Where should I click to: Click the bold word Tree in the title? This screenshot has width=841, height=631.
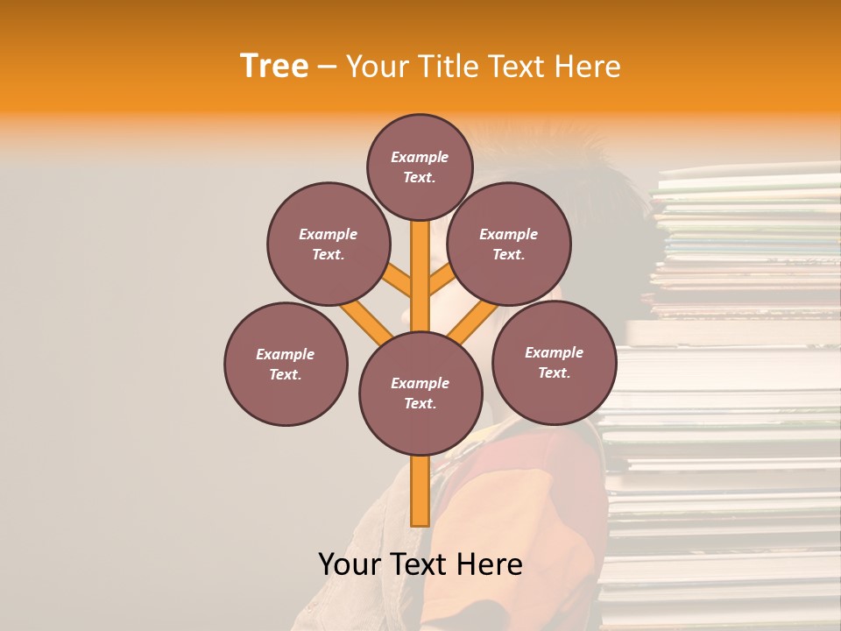tap(274, 67)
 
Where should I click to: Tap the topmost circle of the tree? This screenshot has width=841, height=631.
tap(420, 167)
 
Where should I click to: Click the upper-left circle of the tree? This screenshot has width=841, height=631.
tap(329, 244)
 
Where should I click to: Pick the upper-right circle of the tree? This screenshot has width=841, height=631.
tap(509, 244)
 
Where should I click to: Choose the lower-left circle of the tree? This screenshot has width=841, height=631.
tap(286, 364)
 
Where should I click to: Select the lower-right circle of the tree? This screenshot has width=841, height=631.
tap(554, 362)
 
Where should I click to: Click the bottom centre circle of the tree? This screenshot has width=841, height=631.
tap(420, 393)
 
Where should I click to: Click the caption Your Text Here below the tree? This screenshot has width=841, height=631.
tap(420, 564)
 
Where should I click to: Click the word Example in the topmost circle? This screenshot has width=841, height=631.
tap(420, 157)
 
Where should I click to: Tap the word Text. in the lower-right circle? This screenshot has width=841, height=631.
tap(554, 372)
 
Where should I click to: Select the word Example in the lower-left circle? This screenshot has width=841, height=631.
tap(286, 354)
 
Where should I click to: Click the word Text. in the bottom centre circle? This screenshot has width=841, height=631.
tap(420, 403)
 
